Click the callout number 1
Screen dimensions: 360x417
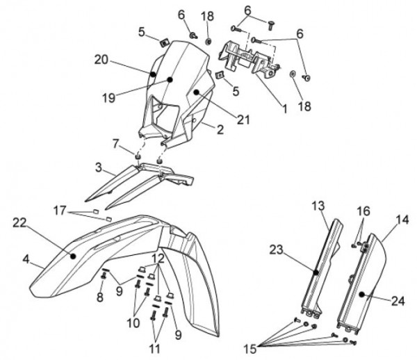click(x=284, y=109)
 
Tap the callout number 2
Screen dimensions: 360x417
click(x=200, y=129)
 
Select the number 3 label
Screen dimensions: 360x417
click(x=99, y=168)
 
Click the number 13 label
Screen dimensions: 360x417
click(x=318, y=206)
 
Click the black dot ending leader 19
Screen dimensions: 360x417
click(x=169, y=81)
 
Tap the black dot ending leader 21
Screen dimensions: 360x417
click(x=197, y=91)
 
